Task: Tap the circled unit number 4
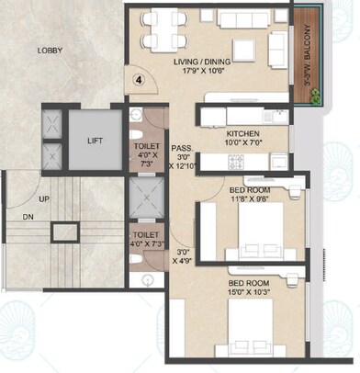(x=139, y=79)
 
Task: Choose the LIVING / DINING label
(x=210, y=62)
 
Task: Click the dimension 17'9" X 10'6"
(x=210, y=73)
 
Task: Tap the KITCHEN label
(x=242, y=133)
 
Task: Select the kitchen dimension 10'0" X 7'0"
(x=242, y=143)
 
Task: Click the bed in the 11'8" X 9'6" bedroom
(x=266, y=234)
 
